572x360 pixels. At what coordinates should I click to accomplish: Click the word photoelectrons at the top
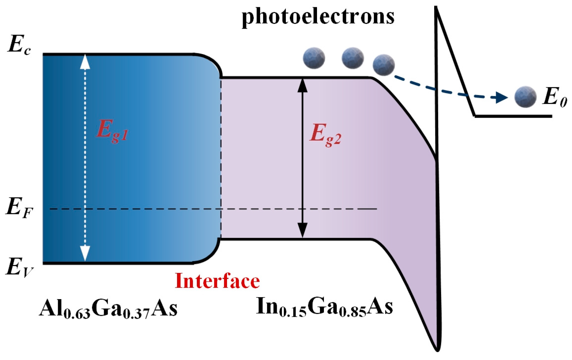(318, 17)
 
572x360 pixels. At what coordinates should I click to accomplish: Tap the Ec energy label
(19, 46)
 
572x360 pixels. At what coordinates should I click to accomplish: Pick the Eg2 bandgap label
(325, 135)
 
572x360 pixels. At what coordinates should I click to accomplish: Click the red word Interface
(217, 281)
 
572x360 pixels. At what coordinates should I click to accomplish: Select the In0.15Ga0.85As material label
(324, 307)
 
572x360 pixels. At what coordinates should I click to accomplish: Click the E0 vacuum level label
(554, 98)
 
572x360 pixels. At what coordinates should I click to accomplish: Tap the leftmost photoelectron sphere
(314, 58)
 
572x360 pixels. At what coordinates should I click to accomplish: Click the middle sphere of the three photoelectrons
(353, 58)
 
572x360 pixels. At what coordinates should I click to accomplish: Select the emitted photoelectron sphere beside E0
(525, 97)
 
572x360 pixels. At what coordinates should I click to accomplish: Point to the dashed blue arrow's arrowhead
(502, 97)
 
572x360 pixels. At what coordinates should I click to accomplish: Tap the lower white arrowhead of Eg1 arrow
(85, 254)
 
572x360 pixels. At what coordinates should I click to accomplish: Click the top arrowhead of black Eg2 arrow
(303, 85)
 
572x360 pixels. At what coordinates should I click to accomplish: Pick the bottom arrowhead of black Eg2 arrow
(303, 231)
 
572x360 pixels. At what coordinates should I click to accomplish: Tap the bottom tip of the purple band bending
(438, 349)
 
